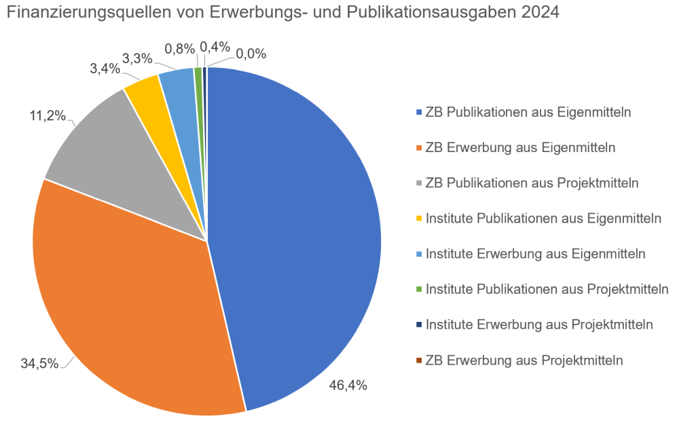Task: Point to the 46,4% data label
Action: (348, 386)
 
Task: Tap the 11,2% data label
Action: (47, 116)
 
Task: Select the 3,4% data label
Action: (105, 69)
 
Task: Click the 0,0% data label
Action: (251, 53)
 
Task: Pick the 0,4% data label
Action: (215, 47)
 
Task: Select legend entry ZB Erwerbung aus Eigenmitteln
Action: (520, 147)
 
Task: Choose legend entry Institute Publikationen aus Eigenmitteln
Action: (543, 218)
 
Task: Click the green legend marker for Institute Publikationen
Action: (419, 289)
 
